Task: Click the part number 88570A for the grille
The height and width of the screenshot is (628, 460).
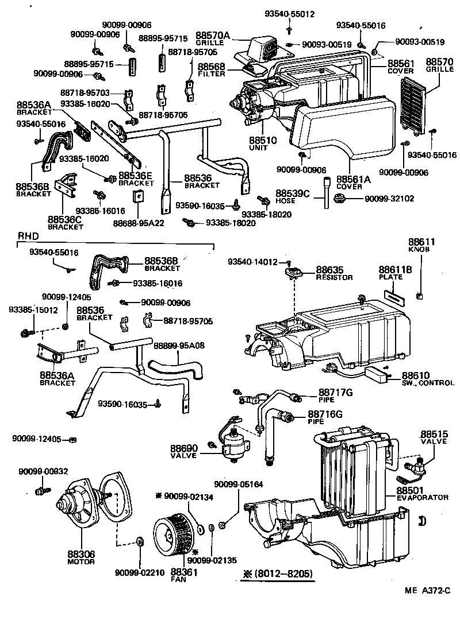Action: click(x=212, y=36)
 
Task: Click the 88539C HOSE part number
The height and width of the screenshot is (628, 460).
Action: click(x=293, y=193)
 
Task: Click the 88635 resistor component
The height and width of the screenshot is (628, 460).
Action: click(x=295, y=271)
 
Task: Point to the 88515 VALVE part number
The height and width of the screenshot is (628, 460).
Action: click(x=433, y=434)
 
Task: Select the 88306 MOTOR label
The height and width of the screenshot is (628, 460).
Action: click(x=80, y=557)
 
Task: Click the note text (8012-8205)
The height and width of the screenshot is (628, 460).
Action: click(x=278, y=573)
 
